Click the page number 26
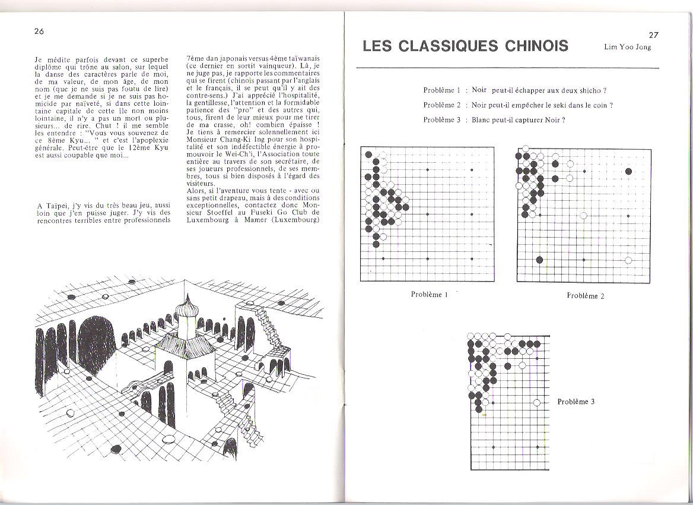[41, 31]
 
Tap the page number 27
[654, 35]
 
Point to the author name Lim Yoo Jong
[627, 48]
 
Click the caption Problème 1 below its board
[428, 294]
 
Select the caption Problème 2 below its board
[585, 295]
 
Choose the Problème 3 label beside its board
[576, 402]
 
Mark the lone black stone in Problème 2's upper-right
[628, 172]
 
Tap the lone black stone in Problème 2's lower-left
[539, 260]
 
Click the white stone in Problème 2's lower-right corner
[628, 260]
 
